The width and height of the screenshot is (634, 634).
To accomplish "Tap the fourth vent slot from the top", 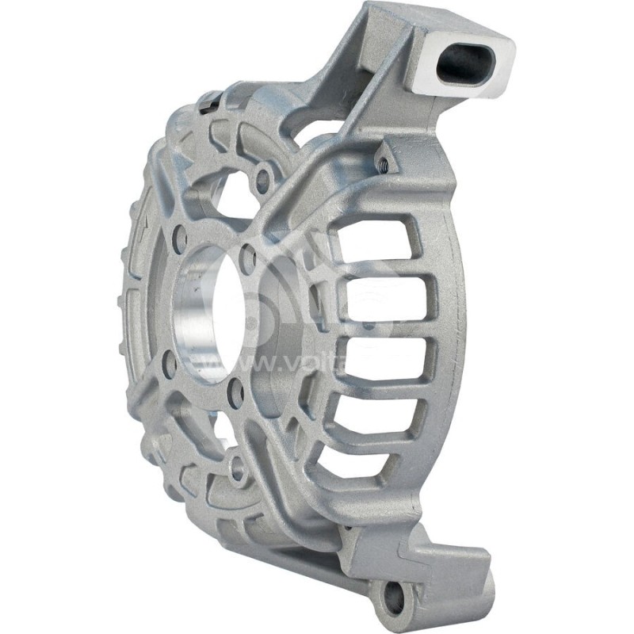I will click(x=376, y=403).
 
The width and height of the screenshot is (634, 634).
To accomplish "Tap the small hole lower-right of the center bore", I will click(x=235, y=394).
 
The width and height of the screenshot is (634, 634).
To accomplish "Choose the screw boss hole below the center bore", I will click(x=235, y=473).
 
